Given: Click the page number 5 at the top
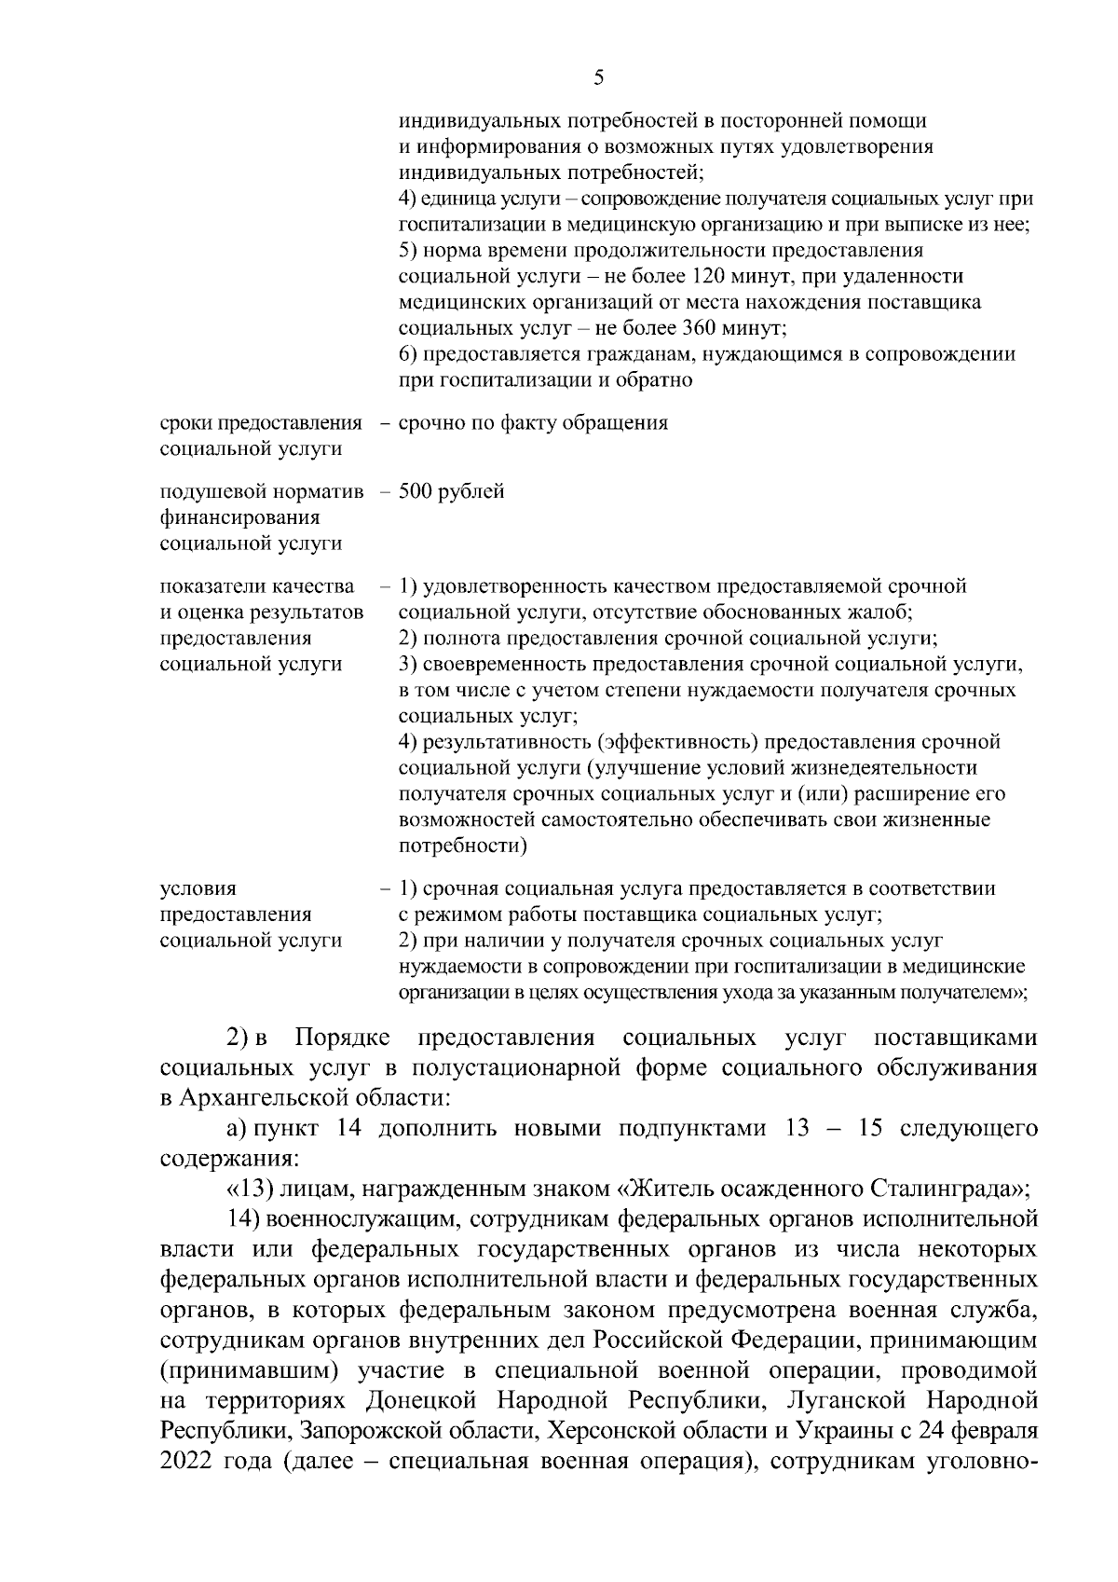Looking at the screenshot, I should [598, 78].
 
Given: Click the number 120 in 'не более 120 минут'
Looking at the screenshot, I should [709, 277].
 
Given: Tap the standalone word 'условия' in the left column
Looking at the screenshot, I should [198, 889].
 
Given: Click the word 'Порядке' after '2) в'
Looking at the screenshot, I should [342, 1039].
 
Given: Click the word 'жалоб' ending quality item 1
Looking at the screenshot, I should [885, 612].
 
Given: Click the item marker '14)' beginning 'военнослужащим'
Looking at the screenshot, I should [244, 1218].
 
